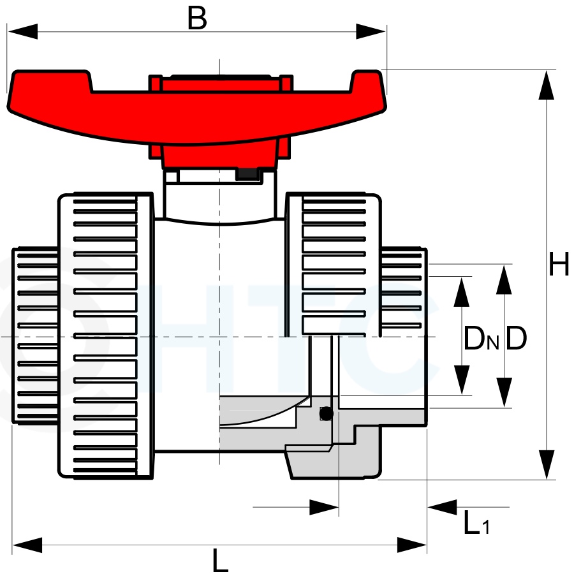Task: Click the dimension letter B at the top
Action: pos(197,18)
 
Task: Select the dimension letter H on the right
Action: pos(559,263)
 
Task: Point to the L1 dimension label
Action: pos(476,522)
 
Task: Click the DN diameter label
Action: pos(481,338)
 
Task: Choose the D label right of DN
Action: pos(516,338)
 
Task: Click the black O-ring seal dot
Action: pos(326,414)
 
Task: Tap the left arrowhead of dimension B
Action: pos(22,31)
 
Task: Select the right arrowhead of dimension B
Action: pos(371,31)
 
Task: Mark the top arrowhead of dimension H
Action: pos(546,85)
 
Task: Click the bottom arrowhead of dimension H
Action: pos(547,464)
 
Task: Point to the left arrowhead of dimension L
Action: pos(27,545)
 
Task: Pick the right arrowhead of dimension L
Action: pos(412,545)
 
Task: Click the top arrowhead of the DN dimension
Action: pos(461,292)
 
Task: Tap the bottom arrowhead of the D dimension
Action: pos(504,392)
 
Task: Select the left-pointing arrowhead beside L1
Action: pos(442,507)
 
